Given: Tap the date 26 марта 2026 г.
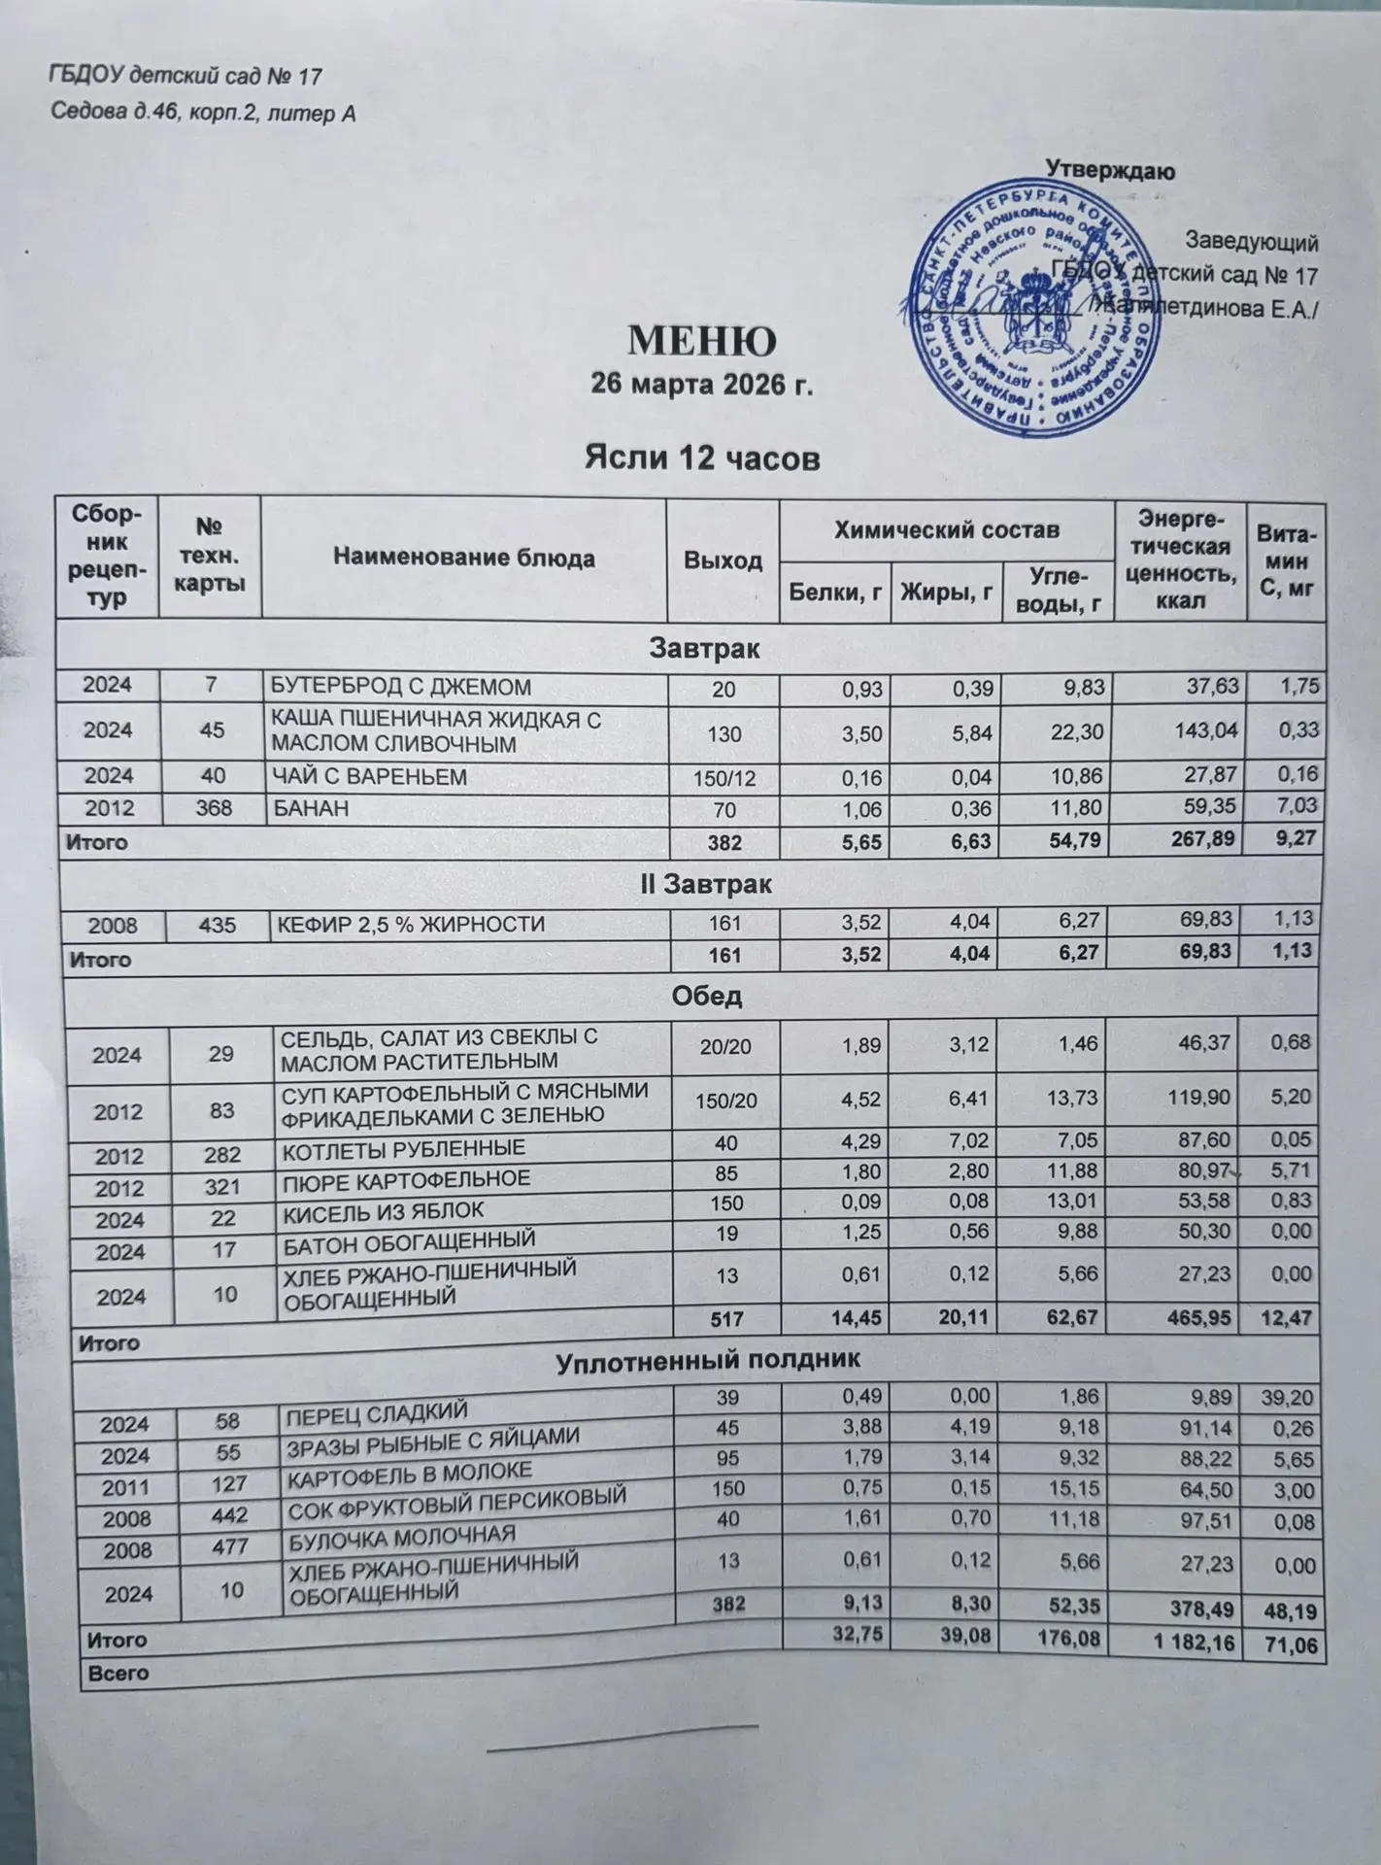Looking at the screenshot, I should click(x=701, y=386).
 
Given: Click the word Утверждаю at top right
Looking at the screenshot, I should click(x=1110, y=172).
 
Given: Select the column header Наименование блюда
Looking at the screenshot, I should click(x=463, y=558).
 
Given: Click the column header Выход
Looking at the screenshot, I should click(x=723, y=561).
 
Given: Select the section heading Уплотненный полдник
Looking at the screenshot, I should click(x=707, y=1359).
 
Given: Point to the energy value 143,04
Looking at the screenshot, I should click(x=1206, y=731).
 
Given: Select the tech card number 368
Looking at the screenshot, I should click(x=215, y=807).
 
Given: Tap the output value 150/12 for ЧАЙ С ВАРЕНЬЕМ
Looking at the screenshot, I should click(x=724, y=776).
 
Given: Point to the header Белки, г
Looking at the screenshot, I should click(x=835, y=590).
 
